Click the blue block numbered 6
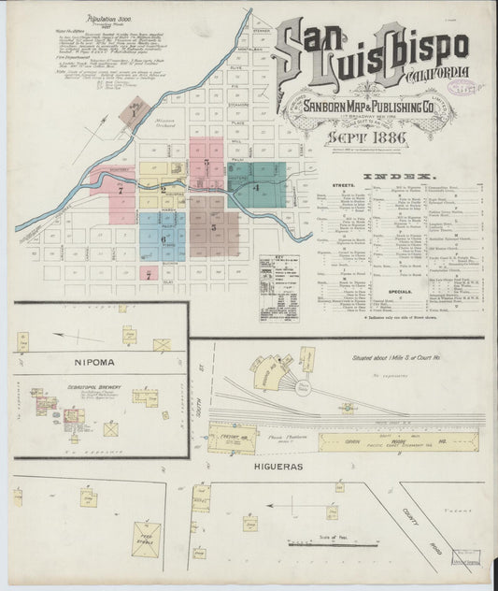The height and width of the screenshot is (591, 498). tap(164, 238)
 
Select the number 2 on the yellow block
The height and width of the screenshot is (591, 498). tap(164, 188)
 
